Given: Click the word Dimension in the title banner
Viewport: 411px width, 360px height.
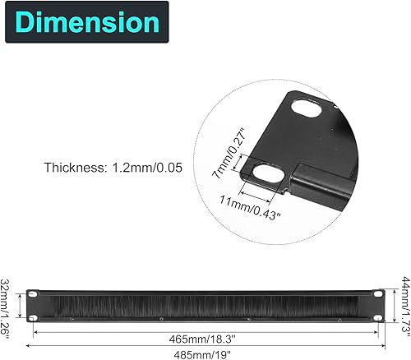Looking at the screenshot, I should [x=85, y=22].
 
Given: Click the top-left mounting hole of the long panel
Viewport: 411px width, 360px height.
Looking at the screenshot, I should [x=34, y=293].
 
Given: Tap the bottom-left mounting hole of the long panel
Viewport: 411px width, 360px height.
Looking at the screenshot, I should [x=34, y=316].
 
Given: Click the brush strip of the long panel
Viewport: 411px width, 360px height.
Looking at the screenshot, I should [x=205, y=305].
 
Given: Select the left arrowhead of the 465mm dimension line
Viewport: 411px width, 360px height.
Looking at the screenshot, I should [x=37, y=333].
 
